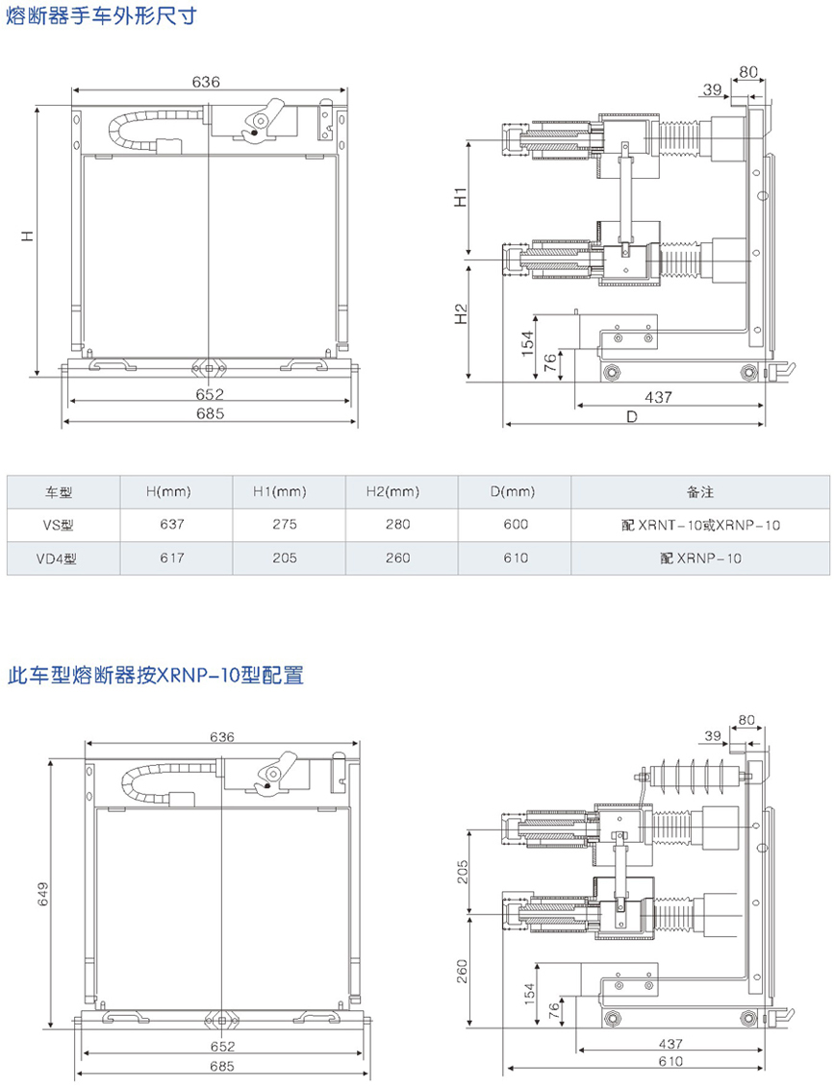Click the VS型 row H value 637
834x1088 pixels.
click(x=172, y=525)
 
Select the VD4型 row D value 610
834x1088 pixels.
click(x=516, y=557)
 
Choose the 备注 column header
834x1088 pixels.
click(x=699, y=492)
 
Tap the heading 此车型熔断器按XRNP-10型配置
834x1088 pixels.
click(x=155, y=676)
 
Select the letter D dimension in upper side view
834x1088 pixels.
click(x=632, y=416)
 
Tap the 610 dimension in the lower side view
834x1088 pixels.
click(x=671, y=1060)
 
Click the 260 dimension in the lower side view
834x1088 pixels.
click(x=462, y=974)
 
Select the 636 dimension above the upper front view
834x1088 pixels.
click(x=206, y=83)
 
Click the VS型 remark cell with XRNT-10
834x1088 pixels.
click(x=699, y=525)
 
